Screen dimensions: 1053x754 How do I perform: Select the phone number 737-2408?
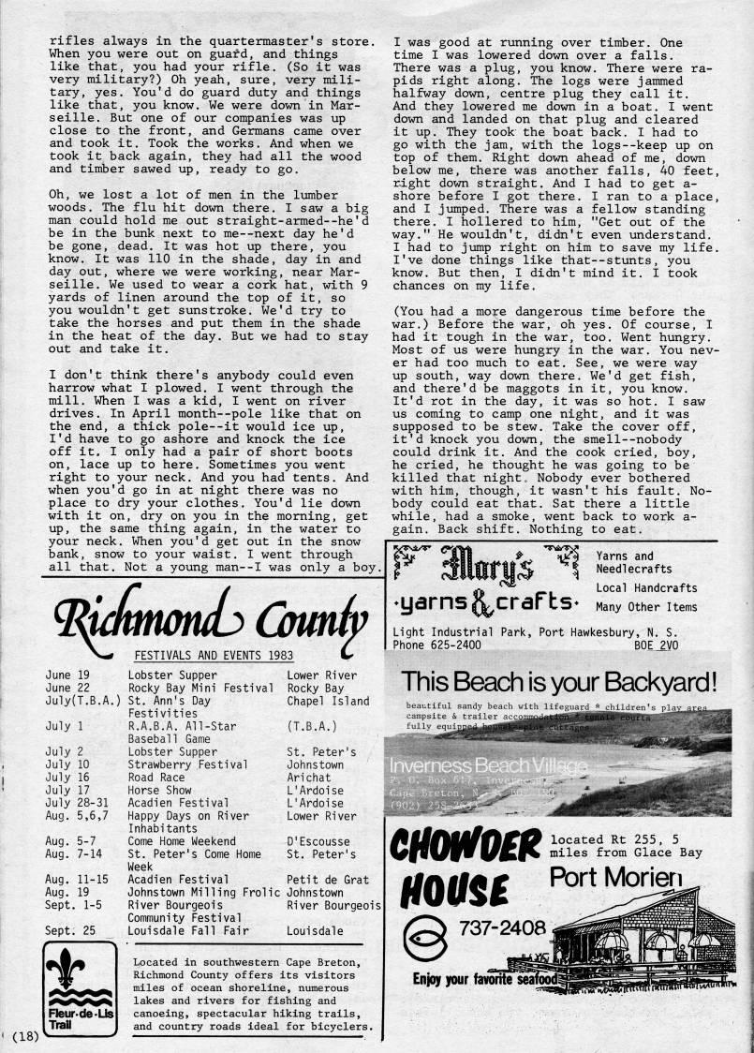coord(501,927)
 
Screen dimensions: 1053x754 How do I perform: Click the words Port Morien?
coord(616,878)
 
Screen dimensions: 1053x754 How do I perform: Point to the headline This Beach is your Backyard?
coord(558,681)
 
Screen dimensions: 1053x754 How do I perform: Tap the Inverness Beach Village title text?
coord(488,766)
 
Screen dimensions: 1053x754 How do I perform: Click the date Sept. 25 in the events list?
coord(71,931)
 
